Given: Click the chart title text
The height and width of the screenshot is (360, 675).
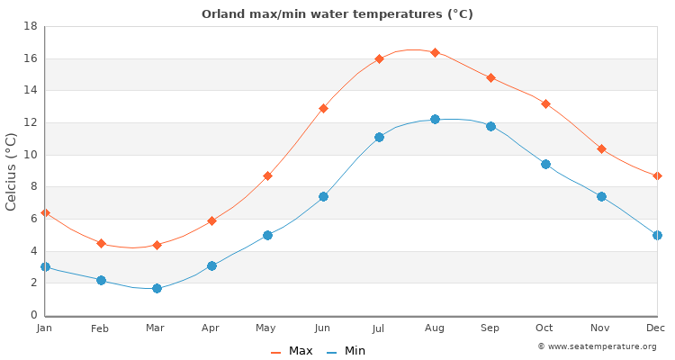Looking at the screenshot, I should [337, 14].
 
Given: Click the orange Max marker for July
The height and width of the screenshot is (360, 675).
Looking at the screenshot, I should [379, 58].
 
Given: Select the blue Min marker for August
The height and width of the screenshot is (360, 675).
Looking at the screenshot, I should [435, 119].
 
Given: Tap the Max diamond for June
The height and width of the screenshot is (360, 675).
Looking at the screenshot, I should [323, 108].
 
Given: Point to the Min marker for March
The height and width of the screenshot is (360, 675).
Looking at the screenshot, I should [157, 288].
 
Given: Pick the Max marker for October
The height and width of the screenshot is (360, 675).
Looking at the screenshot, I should [545, 103].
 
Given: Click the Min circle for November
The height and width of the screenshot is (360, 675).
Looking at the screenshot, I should [601, 196].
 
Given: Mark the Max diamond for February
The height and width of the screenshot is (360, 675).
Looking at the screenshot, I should [101, 243].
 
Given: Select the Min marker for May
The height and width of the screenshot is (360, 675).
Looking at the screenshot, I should [267, 235].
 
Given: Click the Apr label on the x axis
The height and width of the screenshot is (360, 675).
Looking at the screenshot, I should [211, 328].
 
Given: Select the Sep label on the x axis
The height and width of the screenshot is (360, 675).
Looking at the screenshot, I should [490, 328].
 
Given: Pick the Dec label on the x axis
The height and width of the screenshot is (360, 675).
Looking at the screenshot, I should [656, 328].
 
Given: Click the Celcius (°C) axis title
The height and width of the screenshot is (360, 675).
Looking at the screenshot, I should [12, 171].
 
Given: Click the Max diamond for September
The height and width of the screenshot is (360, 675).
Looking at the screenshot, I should [490, 77].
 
